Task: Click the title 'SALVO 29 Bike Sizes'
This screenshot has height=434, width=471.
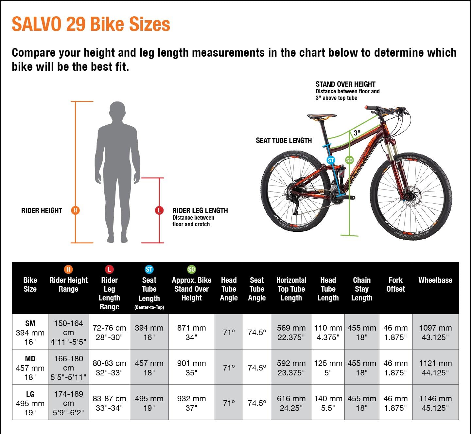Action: pyautogui.click(x=91, y=24)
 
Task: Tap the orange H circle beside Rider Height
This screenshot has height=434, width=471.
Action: pyautogui.click(x=75, y=210)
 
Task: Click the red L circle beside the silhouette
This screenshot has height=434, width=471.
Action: pyautogui.click(x=159, y=210)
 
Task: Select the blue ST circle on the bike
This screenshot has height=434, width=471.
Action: pyautogui.click(x=331, y=160)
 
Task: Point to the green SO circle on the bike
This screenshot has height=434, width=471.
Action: pyautogui.click(x=349, y=160)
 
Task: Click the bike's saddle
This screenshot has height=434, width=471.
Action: pyautogui.click(x=322, y=116)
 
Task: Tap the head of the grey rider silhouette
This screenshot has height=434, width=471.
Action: pyautogui.click(x=117, y=112)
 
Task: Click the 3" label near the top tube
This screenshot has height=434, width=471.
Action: pyautogui.click(x=357, y=133)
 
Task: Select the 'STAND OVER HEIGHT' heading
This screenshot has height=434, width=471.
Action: pyautogui.click(x=345, y=84)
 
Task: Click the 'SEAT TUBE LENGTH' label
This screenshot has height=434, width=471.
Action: pyautogui.click(x=284, y=140)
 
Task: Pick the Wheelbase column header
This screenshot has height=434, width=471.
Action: pyautogui.click(x=435, y=280)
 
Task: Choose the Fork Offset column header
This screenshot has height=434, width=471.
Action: pyautogui.click(x=395, y=284)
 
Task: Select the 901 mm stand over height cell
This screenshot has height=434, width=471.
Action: pyautogui.click(x=191, y=368)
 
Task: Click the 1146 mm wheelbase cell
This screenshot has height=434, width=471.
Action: pyautogui.click(x=435, y=403)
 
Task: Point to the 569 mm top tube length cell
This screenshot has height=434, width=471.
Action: pyautogui.click(x=291, y=332)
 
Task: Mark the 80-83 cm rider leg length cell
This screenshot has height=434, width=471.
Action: pyautogui.click(x=109, y=368)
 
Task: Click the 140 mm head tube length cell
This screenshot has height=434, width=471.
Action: pyautogui.click(x=328, y=403)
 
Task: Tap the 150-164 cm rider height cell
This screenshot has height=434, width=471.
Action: pyautogui.click(x=68, y=332)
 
